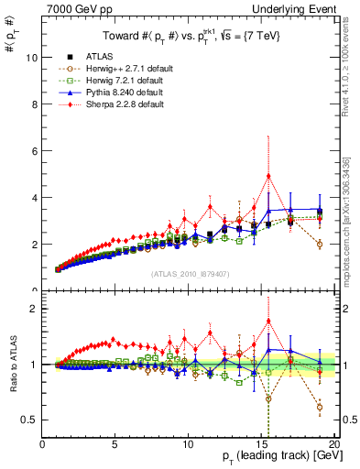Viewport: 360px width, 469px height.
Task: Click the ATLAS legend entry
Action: coord(86,57)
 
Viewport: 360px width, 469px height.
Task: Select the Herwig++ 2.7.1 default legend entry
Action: coord(109,69)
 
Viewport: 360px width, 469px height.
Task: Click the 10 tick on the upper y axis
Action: coord(32,57)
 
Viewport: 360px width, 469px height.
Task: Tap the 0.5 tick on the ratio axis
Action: coord(30,420)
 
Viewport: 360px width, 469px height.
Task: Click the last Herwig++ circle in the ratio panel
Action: coord(319,407)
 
